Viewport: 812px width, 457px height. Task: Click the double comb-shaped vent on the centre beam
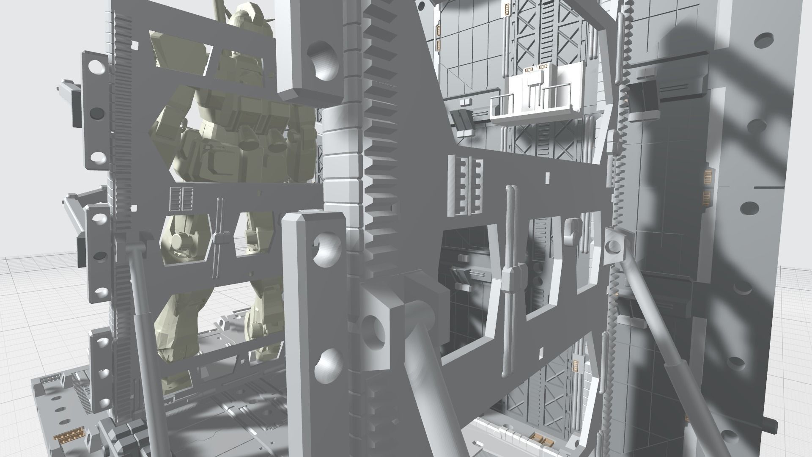click(x=465, y=185)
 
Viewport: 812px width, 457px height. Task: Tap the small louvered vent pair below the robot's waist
click(x=181, y=199)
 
